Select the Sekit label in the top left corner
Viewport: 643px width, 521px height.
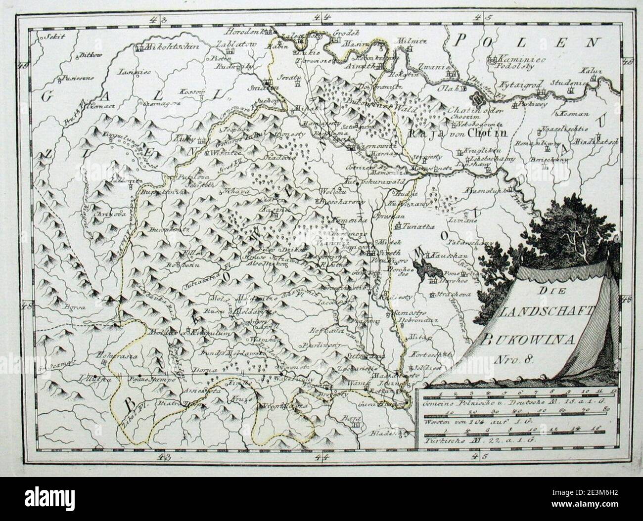click(49, 36)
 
